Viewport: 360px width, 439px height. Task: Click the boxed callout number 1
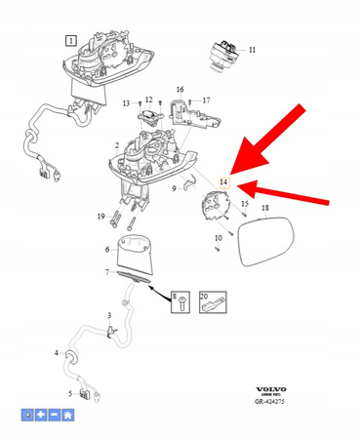click(x=71, y=40)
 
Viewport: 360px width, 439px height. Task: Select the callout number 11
click(x=253, y=50)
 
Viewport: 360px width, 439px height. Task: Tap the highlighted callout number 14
click(x=225, y=181)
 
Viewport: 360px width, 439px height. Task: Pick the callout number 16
click(x=180, y=90)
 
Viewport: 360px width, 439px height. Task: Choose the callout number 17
click(x=206, y=100)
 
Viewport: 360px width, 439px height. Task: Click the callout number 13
click(x=126, y=103)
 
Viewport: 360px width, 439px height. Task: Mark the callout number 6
click(x=108, y=250)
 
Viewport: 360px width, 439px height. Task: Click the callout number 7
click(x=108, y=272)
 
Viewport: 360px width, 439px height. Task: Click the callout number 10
click(x=219, y=237)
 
